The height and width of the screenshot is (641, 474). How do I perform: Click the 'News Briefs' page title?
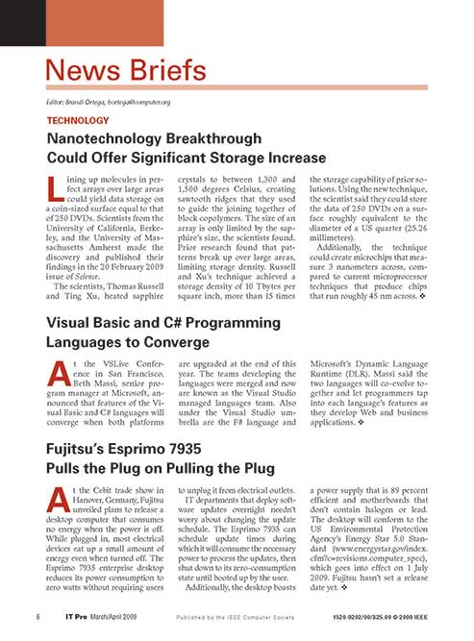click(126, 70)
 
